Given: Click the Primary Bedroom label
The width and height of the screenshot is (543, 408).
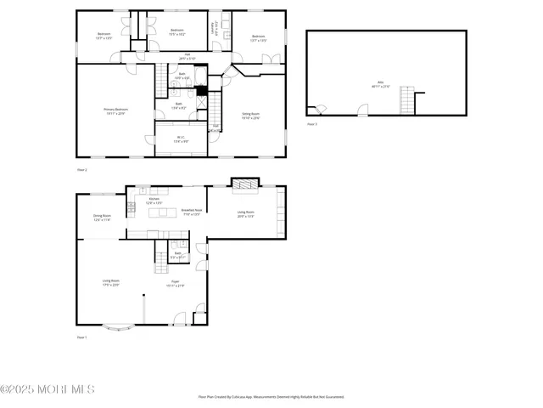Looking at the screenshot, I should (x=115, y=111).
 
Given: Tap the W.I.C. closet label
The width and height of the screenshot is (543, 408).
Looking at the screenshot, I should (x=181, y=139).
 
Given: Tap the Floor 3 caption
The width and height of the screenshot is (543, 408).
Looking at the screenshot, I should (x=311, y=125).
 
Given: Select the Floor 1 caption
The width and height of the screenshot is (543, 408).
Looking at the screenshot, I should (x=82, y=337).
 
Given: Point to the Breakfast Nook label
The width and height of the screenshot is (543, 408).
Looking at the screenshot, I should (x=192, y=212).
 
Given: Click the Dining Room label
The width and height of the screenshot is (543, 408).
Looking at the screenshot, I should (x=102, y=218).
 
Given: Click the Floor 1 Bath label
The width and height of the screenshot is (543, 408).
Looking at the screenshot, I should (x=179, y=254).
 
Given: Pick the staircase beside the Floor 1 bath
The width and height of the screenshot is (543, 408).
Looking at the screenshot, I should (x=161, y=252).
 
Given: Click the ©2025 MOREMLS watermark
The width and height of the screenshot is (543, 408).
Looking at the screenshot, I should (x=48, y=390).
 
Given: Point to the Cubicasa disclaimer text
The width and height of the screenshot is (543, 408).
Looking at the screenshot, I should (x=271, y=397).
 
